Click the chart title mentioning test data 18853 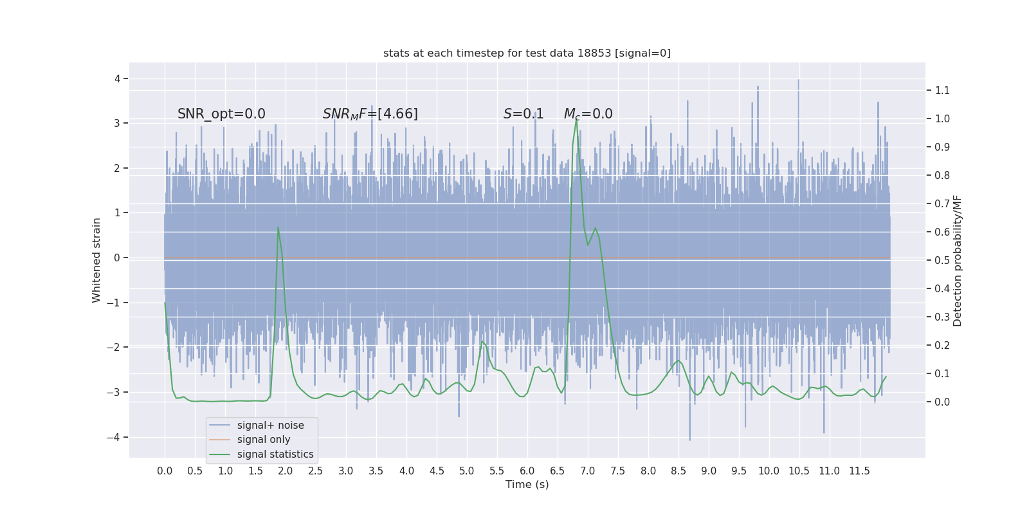tap(527, 53)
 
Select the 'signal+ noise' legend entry tap(270, 425)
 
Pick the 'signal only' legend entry tap(264, 440)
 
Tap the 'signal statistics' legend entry tap(275, 454)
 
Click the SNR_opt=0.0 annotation tap(221, 114)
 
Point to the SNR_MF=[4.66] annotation tap(370, 114)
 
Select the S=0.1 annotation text tap(524, 114)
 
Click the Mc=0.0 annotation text tap(588, 114)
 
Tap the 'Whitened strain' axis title tap(96, 260)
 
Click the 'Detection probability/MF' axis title tap(958, 260)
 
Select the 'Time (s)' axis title tap(527, 484)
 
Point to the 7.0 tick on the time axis tap(588, 471)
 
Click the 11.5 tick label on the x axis tap(859, 471)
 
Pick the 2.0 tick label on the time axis tap(286, 471)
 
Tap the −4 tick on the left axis tap(116, 437)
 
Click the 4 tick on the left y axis tap(118, 79)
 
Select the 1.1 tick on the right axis tap(942, 90)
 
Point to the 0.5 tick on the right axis tap(942, 260)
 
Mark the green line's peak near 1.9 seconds tap(278, 227)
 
